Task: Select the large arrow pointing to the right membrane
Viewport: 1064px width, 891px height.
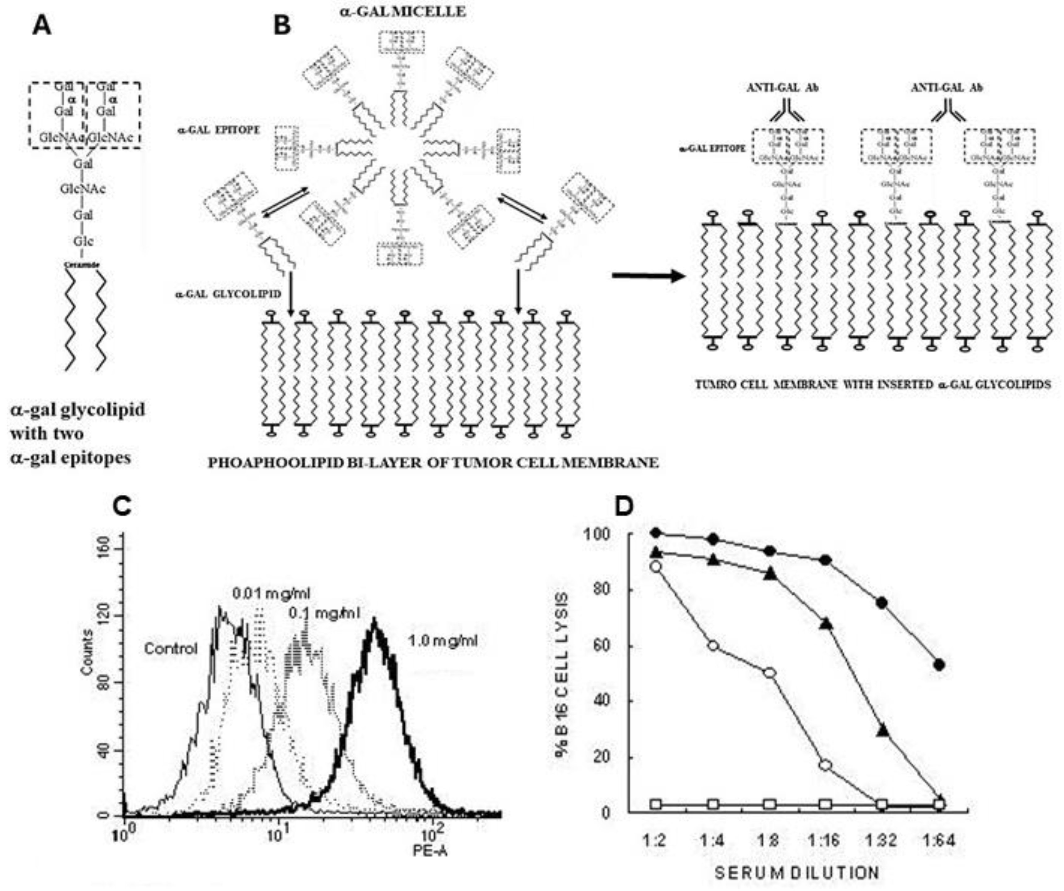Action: coord(648,276)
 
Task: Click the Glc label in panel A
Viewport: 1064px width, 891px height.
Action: coord(83,241)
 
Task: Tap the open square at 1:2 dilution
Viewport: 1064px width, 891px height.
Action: coord(657,804)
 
